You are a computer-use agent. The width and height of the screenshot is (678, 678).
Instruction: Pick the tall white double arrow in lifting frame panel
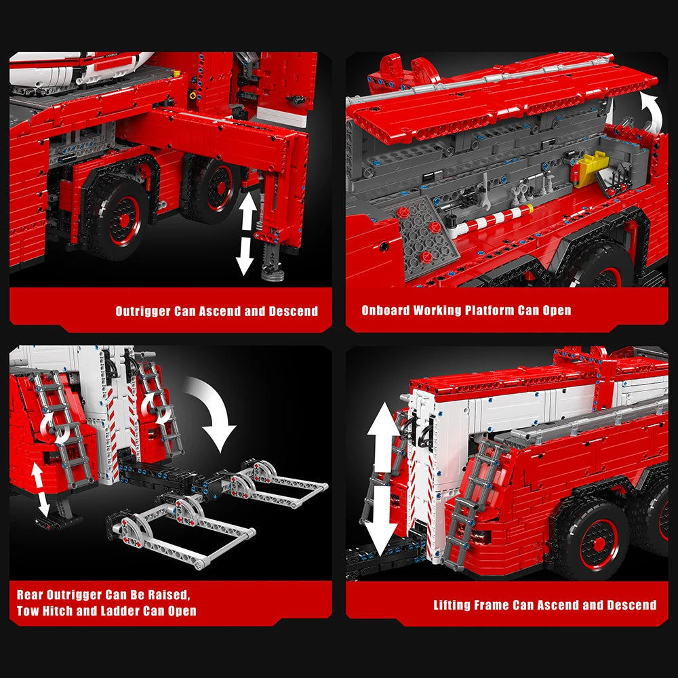(x=382, y=478)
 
